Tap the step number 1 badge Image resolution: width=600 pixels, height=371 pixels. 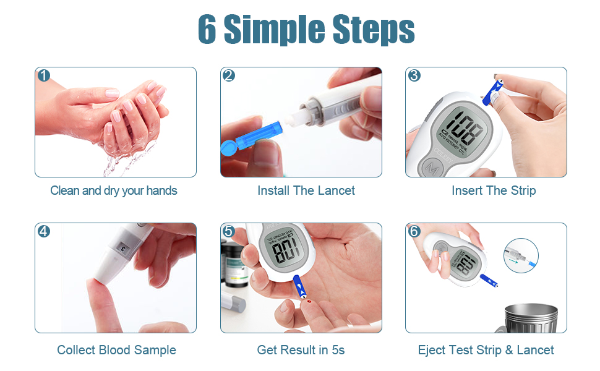43,75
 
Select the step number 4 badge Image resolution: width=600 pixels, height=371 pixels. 43,231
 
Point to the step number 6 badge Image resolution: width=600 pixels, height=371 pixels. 414,231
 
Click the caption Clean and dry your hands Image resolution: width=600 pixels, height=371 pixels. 114,190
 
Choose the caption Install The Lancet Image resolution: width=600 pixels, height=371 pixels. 306,190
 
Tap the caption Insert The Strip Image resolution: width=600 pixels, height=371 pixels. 494,190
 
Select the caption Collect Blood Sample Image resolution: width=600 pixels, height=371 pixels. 116,350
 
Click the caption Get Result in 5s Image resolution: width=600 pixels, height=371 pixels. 301,350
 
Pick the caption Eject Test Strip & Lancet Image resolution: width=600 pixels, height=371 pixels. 486,350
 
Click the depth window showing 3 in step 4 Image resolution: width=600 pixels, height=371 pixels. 124,247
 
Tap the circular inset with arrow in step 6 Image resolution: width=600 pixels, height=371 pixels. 520,257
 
